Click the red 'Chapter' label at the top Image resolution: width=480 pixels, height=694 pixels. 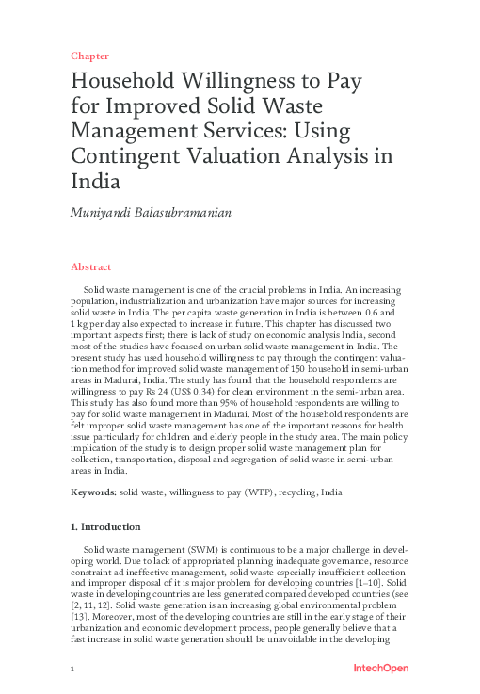[x=89, y=56]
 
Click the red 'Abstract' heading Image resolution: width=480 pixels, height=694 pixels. [x=92, y=267]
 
